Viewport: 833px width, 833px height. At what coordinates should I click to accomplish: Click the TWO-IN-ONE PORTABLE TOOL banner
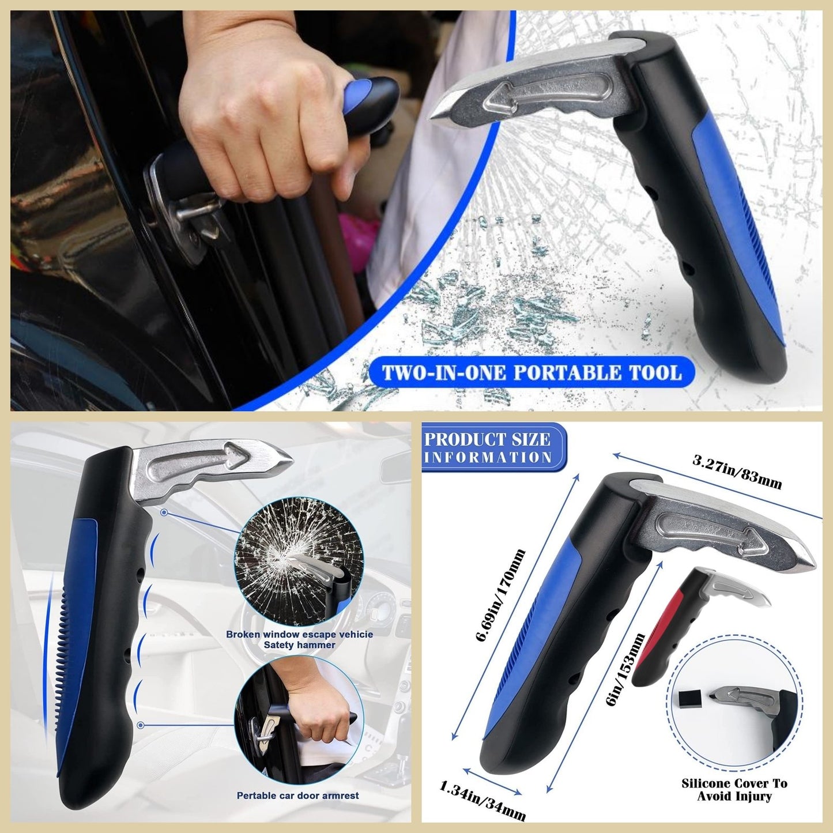click(x=531, y=372)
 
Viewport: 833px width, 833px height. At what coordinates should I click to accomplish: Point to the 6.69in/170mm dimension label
click(x=500, y=595)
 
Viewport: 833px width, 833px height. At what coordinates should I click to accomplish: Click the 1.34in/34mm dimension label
click(x=483, y=800)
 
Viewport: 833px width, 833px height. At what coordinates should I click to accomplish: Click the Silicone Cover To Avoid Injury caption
click(x=734, y=789)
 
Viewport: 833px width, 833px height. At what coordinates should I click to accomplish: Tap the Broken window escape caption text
click(x=299, y=639)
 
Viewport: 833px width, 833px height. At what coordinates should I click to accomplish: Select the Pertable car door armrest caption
click(x=297, y=796)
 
